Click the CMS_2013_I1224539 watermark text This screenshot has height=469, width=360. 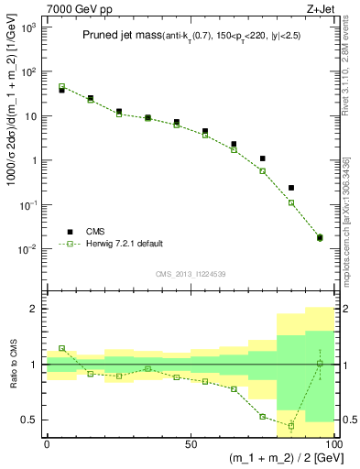tap(191, 273)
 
